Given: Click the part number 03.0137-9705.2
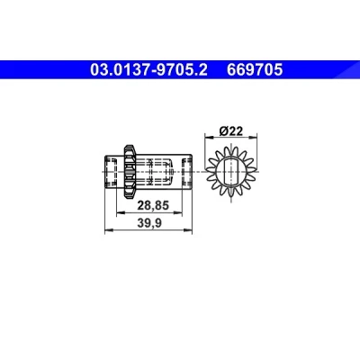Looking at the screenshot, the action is pos(148,70).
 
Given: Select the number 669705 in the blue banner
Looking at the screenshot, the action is pos(255,70).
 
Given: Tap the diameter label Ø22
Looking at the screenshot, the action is pos(230,131).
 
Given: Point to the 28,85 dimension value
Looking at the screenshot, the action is pos(153,206).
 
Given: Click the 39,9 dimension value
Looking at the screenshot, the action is pos(149,223).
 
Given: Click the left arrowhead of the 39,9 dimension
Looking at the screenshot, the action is pos(108,230).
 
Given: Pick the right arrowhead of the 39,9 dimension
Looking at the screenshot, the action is pos(188,230).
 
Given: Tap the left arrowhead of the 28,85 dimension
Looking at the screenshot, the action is pos(121,212).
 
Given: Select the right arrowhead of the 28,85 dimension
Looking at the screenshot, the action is pos(178,212).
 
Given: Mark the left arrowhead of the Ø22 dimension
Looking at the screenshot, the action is pos(208,137).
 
